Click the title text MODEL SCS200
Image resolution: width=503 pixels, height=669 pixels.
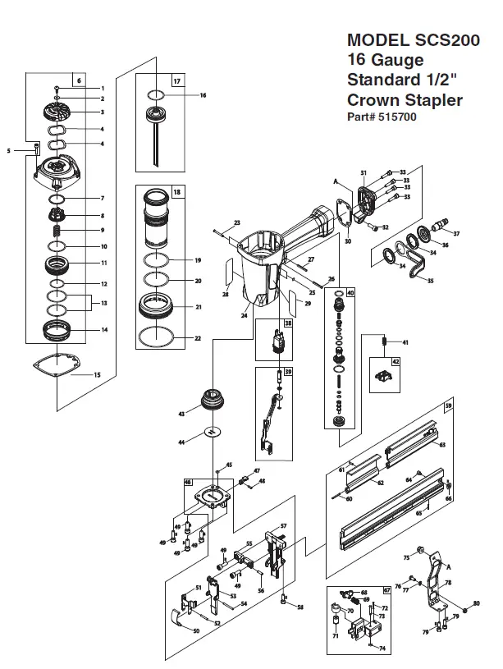[405, 39]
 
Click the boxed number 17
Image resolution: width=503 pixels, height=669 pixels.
[177, 80]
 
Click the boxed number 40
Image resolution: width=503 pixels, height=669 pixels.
[350, 293]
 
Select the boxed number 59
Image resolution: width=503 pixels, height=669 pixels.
[448, 406]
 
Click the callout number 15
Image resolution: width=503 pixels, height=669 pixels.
[98, 375]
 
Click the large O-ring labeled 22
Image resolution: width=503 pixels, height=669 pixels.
[157, 337]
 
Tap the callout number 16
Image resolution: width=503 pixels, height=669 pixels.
[203, 95]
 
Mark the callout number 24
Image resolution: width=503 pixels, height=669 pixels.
[245, 314]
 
